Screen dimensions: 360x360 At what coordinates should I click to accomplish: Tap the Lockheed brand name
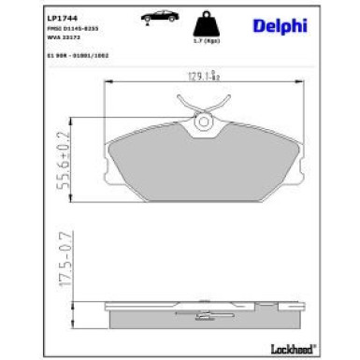(x=304, y=349)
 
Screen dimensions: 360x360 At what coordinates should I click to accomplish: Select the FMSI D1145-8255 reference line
(x=45, y=30)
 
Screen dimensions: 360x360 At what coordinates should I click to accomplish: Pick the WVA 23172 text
(x=36, y=38)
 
